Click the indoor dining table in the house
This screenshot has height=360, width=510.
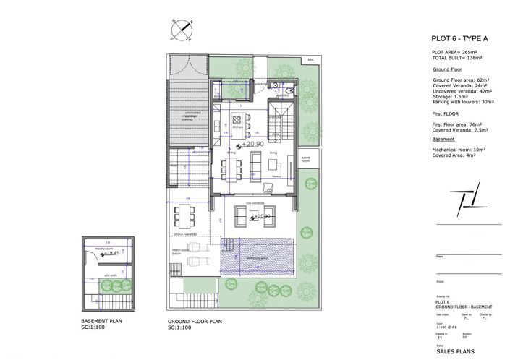[232, 168]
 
